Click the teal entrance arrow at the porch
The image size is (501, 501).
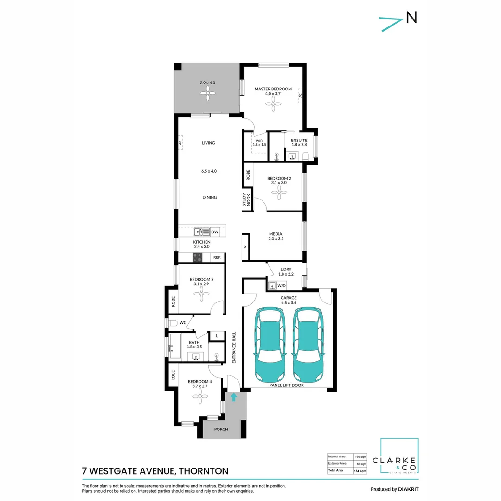coord(234,397)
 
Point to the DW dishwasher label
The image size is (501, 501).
coord(214,231)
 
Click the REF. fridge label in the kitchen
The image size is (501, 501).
coord(217,257)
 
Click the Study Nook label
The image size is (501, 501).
coord(246,200)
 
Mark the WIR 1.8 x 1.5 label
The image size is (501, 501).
coord(259,142)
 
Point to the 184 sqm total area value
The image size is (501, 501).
coord(360,470)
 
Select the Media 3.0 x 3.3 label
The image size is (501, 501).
coord(276,236)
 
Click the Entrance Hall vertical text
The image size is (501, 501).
coord(234,347)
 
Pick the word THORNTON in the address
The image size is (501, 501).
coord(203,471)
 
